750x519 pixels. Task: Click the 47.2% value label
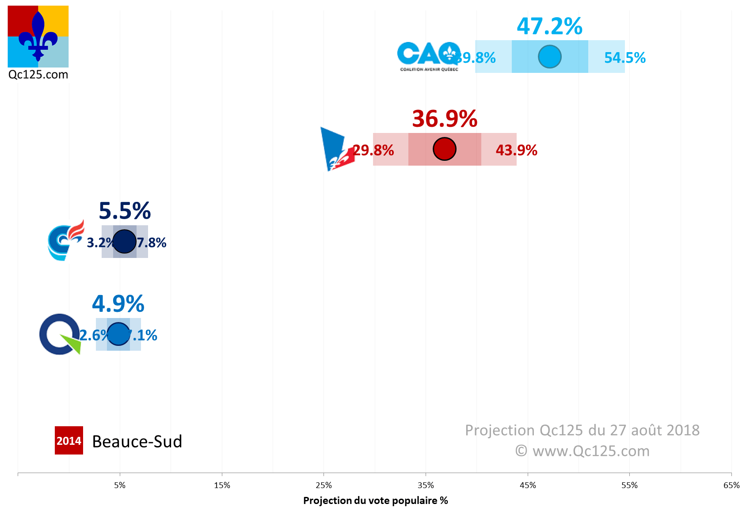click(x=549, y=27)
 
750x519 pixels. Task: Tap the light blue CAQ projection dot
click(x=549, y=57)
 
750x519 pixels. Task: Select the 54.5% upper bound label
click(x=624, y=58)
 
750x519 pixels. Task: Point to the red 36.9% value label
click(x=445, y=119)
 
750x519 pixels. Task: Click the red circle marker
click(x=444, y=149)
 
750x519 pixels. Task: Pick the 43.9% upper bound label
click(x=516, y=150)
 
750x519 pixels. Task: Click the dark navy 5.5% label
click(x=125, y=211)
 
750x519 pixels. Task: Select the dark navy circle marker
click(x=125, y=242)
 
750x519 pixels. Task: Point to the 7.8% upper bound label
click(x=152, y=242)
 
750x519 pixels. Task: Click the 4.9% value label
click(x=118, y=304)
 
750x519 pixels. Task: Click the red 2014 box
click(x=69, y=440)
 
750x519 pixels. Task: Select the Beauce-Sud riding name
click(x=137, y=441)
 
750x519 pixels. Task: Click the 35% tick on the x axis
click(x=426, y=485)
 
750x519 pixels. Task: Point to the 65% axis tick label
click(x=731, y=485)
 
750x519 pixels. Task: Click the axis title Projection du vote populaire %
click(x=375, y=500)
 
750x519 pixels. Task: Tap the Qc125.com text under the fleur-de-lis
click(x=38, y=74)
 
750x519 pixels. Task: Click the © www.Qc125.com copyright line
click(x=582, y=451)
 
